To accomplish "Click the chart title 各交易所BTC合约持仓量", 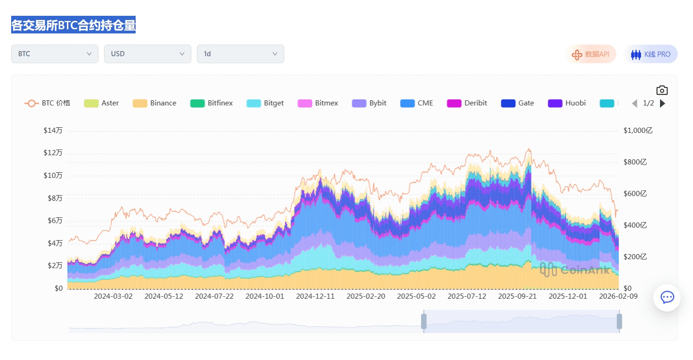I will pyautogui.click(x=73, y=25).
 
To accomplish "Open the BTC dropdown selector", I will pyautogui.click(x=55, y=54).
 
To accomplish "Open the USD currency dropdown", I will pyautogui.click(x=148, y=54).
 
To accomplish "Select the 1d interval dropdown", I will pyautogui.click(x=241, y=54).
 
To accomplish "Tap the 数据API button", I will pyautogui.click(x=591, y=54).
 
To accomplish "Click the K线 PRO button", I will pyautogui.click(x=651, y=54).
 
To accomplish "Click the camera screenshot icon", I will pyautogui.click(x=662, y=90).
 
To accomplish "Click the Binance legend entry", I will pyautogui.click(x=155, y=103).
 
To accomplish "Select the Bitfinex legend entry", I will pyautogui.click(x=212, y=103).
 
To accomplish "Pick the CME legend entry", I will pyautogui.click(x=417, y=103).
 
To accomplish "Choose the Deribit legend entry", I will pyautogui.click(x=467, y=103).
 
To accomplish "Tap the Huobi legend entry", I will pyautogui.click(x=567, y=103).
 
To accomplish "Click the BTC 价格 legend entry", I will pyautogui.click(x=47, y=103).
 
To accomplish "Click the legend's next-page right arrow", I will pyautogui.click(x=663, y=103).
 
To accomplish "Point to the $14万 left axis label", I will pyautogui.click(x=53, y=131).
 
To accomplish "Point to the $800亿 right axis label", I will pyautogui.click(x=635, y=162).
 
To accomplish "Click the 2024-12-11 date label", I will pyautogui.click(x=315, y=296).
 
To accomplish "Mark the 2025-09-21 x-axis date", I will pyautogui.click(x=517, y=296).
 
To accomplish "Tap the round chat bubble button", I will pyautogui.click(x=667, y=298).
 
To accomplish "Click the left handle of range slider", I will pyautogui.click(x=424, y=321).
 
